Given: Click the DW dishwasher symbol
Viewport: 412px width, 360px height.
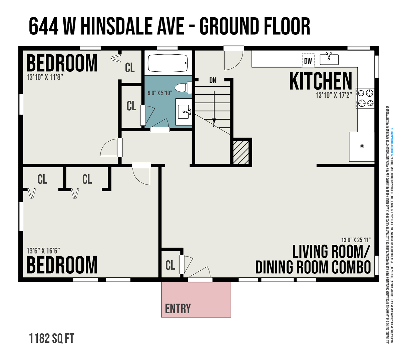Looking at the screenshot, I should (308, 61).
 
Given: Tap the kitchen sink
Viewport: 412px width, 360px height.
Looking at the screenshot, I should (329, 59).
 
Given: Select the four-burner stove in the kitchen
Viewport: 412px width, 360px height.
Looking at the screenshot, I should (366, 98).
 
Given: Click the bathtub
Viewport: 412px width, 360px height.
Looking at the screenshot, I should (167, 63).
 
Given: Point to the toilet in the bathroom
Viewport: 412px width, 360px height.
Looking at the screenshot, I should (182, 88).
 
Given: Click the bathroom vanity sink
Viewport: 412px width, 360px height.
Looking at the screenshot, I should (184, 112).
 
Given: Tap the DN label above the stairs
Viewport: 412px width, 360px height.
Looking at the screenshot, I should (213, 80).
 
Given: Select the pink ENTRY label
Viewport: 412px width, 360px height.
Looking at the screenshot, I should (178, 309).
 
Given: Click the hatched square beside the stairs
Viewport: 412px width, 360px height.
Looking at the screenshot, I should (241, 152).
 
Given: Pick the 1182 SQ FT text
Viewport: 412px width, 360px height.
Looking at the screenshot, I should (51, 338).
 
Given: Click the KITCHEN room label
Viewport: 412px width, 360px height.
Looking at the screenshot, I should (321, 81).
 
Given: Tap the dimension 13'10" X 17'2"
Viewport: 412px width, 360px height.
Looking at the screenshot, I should (334, 95).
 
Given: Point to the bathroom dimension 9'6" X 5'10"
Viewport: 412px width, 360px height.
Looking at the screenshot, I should (160, 93).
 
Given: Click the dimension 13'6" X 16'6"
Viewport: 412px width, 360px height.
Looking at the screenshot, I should (43, 251).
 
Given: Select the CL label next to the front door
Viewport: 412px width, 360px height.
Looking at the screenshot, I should (170, 266).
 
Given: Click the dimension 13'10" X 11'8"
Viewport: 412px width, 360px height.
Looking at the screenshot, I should (45, 77).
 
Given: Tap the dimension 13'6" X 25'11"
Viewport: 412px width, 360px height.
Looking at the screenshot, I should (356, 240).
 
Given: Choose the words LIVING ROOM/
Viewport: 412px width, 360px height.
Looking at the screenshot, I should (331, 252).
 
